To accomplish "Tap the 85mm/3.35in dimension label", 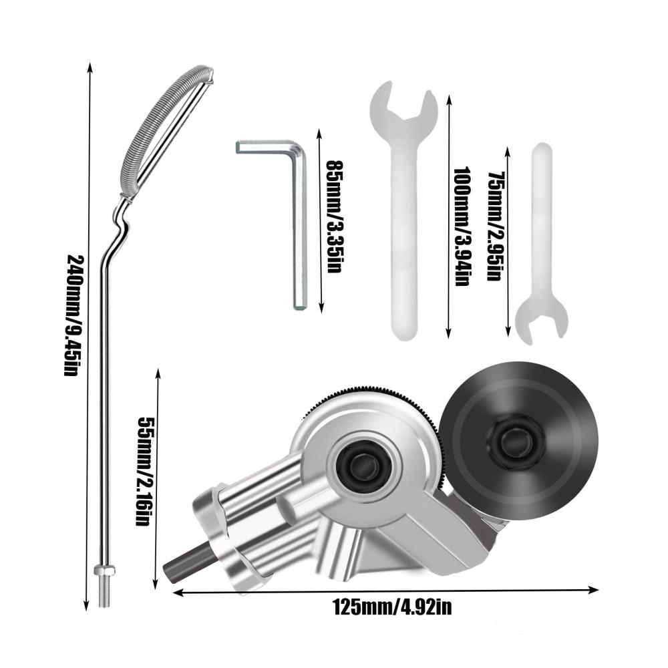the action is point(335,216).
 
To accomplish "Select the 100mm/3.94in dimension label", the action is point(462,226).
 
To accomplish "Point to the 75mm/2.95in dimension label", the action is point(496,226).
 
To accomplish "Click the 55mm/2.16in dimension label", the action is point(144,471).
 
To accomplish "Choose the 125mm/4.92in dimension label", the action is point(392,607).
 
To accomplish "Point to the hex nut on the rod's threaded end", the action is point(104,570).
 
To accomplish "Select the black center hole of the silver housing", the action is point(363,464).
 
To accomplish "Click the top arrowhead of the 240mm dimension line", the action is point(90,68).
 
